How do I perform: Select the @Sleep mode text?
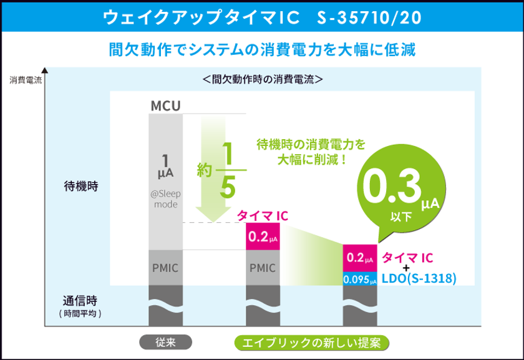165,199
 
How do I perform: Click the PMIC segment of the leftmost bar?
165,268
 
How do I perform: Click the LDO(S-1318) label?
419,278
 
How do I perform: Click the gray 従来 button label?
165,343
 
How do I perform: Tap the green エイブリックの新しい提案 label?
312,343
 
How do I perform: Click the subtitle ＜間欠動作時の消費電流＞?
262,80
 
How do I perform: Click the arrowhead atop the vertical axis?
44,69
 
